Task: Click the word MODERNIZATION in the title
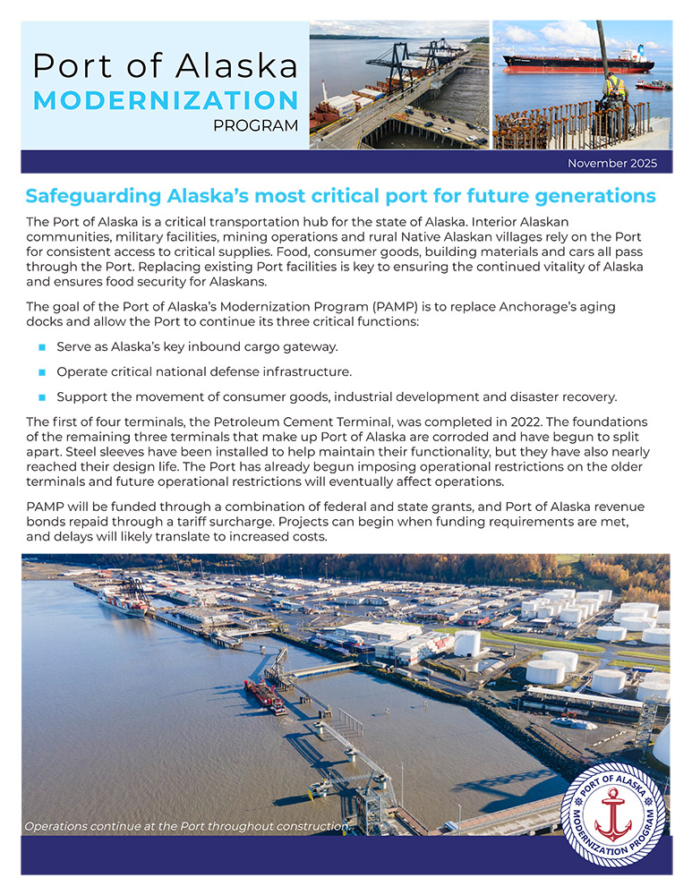(166, 99)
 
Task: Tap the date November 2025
(612, 163)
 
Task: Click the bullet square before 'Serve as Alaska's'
(42, 346)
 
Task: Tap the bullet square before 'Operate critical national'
(42, 371)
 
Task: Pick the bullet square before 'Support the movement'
(42, 396)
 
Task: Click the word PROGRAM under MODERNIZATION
(256, 126)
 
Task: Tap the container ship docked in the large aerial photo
(124, 604)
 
